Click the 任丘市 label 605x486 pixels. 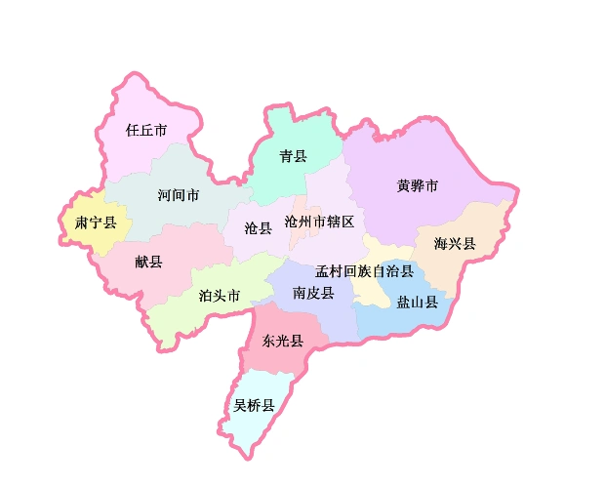146,129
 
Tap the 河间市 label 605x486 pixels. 179,195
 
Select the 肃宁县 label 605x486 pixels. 96,223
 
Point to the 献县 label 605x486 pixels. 149,261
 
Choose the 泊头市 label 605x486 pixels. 219,296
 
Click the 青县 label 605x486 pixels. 293,156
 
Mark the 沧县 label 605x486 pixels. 259,228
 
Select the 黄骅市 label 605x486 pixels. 418,185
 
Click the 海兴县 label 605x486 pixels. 455,243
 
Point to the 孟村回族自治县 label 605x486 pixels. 364,270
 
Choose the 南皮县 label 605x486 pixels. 313,293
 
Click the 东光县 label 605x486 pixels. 283,341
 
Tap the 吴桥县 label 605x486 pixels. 254,405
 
